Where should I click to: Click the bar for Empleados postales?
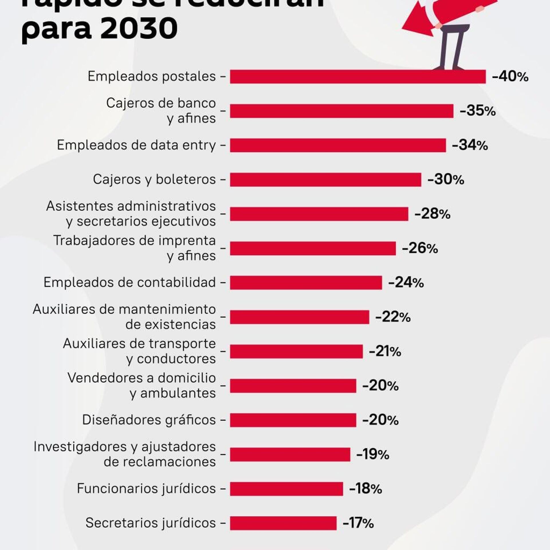point(357,77)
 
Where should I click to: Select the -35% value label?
point(478,111)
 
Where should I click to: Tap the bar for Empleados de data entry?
point(338,145)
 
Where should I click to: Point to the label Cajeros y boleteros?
point(154,180)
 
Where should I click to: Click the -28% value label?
point(432,214)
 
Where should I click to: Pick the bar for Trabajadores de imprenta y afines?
point(313,248)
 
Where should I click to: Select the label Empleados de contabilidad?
point(129,283)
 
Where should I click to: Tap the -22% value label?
point(393,317)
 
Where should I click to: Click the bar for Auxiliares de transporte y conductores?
point(296,351)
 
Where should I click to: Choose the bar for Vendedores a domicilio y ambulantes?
point(293,386)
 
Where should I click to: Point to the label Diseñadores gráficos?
point(149,420)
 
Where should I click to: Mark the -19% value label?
point(372,454)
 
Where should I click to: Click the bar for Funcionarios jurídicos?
point(286,489)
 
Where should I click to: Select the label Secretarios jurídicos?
point(150,523)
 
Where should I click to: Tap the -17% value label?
point(358,523)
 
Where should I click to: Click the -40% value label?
point(510,77)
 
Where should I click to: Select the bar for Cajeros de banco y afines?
point(341,111)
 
